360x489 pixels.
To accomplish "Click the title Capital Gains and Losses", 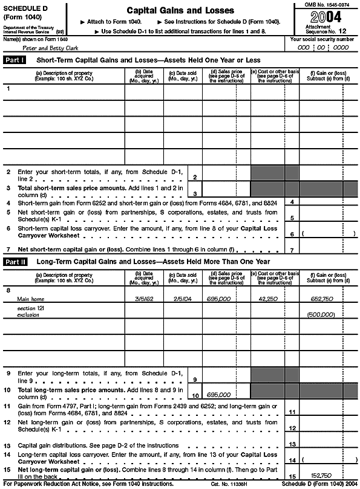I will click(x=179, y=11).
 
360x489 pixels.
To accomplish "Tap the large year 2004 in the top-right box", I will click(x=326, y=16).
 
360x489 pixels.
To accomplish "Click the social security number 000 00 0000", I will click(x=324, y=47).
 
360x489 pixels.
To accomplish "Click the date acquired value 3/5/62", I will click(x=143, y=298).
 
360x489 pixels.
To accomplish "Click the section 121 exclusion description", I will click(x=27, y=311).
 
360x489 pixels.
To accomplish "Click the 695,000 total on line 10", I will click(x=218, y=395).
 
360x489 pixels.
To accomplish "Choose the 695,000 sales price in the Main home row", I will click(x=218, y=298).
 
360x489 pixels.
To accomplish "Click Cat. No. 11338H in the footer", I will click(x=227, y=484).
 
